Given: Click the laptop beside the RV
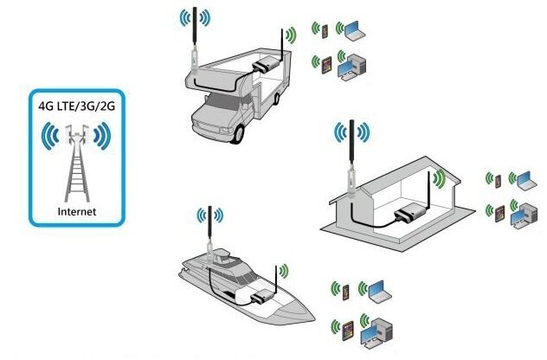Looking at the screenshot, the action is [355, 31].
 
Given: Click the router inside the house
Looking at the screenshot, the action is [406, 215].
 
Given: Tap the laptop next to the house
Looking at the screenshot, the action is [522, 179].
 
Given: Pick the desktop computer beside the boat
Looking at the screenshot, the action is [378, 330].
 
